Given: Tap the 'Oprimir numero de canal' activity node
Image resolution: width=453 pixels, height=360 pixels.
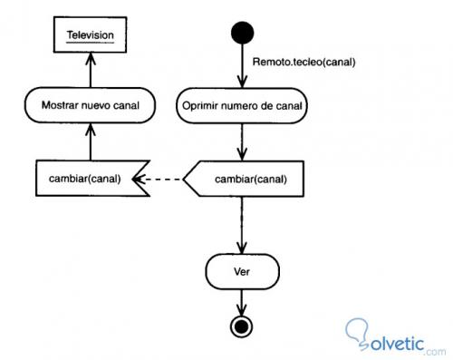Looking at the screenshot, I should tap(242, 105).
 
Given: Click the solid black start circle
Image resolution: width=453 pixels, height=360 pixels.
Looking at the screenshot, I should tap(242, 34).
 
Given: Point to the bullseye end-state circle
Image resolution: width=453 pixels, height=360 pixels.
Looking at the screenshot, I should tap(242, 326).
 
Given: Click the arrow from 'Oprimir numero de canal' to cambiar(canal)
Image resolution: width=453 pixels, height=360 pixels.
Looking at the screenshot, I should tap(242, 141).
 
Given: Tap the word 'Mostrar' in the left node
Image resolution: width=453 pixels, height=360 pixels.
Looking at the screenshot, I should tap(60, 105).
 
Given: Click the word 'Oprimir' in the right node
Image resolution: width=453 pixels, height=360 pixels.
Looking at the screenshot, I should tap(202, 105).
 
